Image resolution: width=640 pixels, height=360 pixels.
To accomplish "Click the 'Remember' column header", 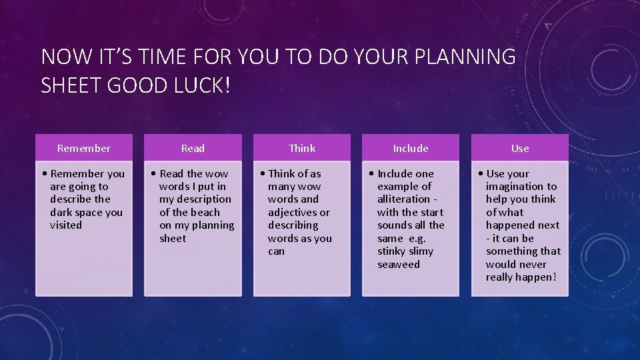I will [x=84, y=148].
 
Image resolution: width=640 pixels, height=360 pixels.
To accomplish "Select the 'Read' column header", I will [x=193, y=148].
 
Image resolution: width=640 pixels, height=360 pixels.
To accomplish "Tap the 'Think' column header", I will [x=302, y=148].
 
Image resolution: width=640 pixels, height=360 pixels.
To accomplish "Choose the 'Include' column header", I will [x=411, y=148].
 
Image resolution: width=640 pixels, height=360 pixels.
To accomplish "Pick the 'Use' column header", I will [x=520, y=148].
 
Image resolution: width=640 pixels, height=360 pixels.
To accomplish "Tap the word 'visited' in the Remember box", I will [x=66, y=225].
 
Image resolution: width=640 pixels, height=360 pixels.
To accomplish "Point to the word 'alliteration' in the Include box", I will [x=403, y=199].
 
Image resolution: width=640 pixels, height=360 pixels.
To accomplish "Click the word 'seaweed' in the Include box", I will [x=399, y=265].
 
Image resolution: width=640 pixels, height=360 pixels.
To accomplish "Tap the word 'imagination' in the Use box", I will [x=515, y=187].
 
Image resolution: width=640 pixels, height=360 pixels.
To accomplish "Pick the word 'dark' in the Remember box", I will [x=61, y=213].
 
